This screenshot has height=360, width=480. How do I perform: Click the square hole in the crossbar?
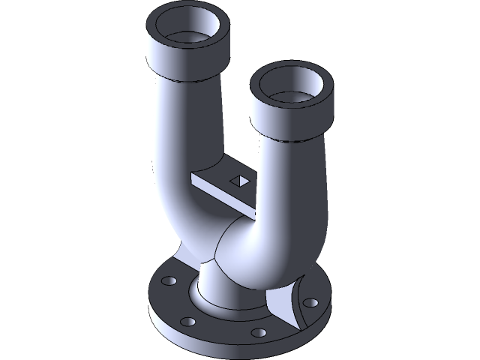[x=240, y=179]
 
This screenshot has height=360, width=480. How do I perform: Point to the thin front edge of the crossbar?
[x=217, y=190]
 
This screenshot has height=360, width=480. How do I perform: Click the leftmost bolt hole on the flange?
[x=167, y=281]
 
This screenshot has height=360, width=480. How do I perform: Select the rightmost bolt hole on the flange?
[x=309, y=304]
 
